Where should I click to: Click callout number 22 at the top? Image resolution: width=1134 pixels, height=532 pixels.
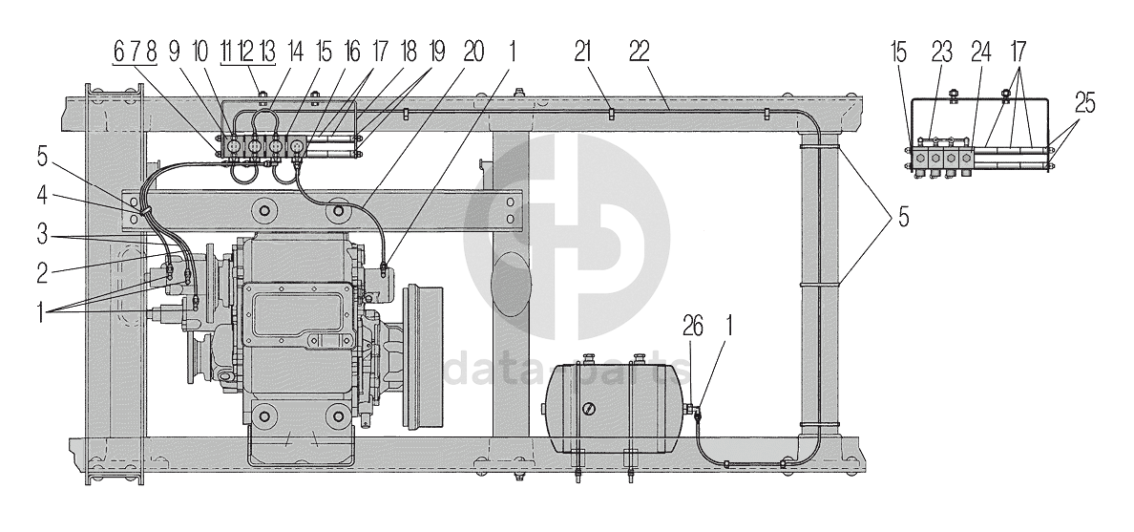(x=640, y=52)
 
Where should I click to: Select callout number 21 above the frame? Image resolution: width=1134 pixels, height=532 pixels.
(x=583, y=52)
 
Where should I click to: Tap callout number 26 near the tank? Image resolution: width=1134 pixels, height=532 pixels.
(x=692, y=328)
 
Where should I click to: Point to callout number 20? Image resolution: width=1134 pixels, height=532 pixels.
(x=473, y=52)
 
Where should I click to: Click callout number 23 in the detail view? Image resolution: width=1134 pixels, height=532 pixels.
(x=941, y=52)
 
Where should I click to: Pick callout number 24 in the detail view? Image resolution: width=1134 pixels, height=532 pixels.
(x=980, y=52)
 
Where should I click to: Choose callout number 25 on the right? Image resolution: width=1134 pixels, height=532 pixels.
(x=1084, y=103)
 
